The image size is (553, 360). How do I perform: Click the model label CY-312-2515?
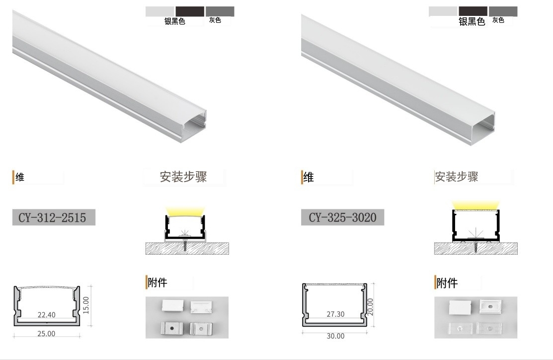53,217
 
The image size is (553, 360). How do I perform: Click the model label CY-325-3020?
342,217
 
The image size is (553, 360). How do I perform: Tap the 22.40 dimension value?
46,314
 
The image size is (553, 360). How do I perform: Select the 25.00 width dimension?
46,334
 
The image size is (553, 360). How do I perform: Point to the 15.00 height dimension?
85,304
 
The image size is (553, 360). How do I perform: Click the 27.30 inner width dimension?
335,314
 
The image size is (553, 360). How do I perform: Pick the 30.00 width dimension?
335,336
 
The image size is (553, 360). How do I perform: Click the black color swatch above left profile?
189,11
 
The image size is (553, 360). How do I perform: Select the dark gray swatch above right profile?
503,11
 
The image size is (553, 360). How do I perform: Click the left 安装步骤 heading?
183,177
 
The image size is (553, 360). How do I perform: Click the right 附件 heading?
447,283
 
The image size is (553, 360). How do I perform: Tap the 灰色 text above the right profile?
498,20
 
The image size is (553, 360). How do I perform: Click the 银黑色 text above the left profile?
175,22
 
